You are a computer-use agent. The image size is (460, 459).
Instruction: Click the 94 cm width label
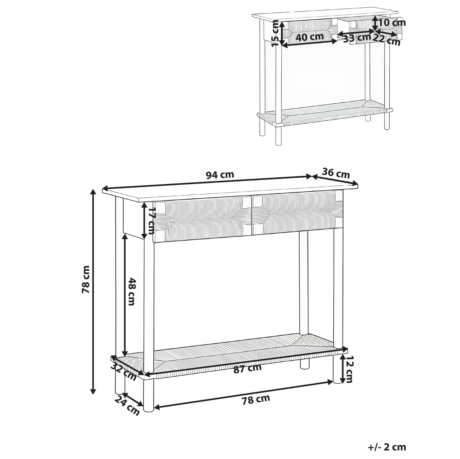(220, 175)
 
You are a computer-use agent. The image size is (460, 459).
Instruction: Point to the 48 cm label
(131, 291)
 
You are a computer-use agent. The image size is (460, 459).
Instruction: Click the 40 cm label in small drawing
(310, 37)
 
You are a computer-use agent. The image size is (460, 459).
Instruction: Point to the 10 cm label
(392, 23)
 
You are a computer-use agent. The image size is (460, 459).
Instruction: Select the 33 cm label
(357, 38)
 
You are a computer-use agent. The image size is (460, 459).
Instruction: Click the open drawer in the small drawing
(370, 30)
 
